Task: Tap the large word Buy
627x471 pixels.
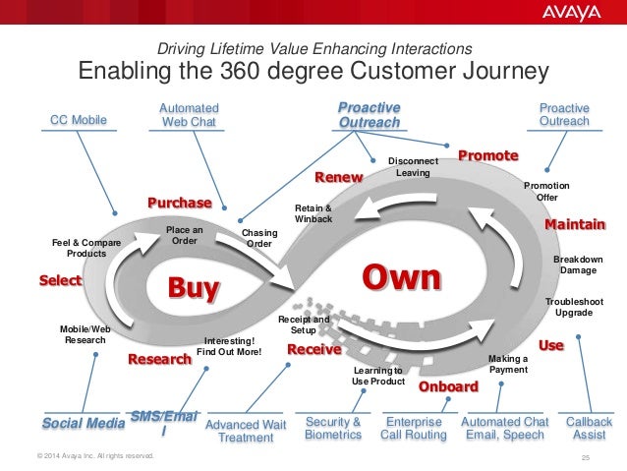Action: [194, 288]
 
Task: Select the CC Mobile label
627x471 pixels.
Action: [78, 120]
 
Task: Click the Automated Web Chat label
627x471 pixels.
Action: [189, 114]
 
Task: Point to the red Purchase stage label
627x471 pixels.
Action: [180, 203]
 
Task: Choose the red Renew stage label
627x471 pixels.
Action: [338, 177]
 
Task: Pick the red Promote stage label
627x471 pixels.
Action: [488, 156]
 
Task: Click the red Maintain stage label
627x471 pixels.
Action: [575, 225]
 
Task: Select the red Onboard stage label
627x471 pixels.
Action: [448, 387]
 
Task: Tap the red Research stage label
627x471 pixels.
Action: [159, 360]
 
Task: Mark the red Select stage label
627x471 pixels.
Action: [60, 281]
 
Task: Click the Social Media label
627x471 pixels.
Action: [84, 423]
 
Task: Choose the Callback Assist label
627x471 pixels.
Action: [589, 429]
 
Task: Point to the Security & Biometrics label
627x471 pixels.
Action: [333, 429]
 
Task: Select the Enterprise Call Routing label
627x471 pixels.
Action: [414, 429]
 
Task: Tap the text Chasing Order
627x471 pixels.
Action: [258, 238]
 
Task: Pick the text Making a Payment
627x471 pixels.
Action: [507, 364]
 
